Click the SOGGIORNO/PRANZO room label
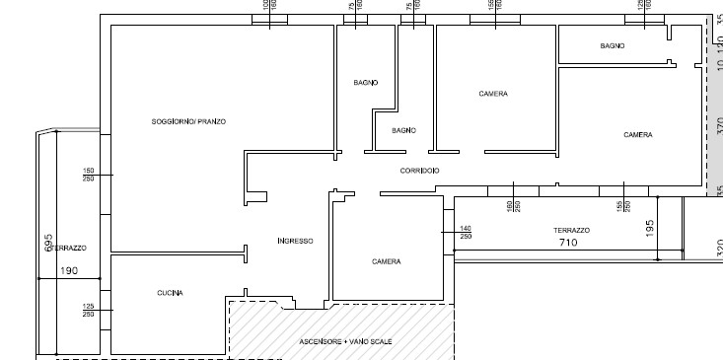tap(188, 121)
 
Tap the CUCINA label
tap(170, 293)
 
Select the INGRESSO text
tap(295, 241)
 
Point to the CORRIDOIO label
tap(419, 172)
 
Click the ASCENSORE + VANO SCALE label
tap(345, 341)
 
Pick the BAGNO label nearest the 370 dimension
tap(613, 46)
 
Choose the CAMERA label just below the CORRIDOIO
tap(386, 261)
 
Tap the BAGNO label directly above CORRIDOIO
tap(403, 130)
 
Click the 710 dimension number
tap(568, 243)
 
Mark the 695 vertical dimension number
tap(48, 244)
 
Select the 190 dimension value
tap(69, 270)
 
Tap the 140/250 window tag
tap(466, 233)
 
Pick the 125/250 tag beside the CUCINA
tap(88, 311)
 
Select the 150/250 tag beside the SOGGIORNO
tap(88, 175)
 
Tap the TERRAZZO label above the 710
tap(571, 230)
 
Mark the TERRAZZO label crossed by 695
tap(69, 248)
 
